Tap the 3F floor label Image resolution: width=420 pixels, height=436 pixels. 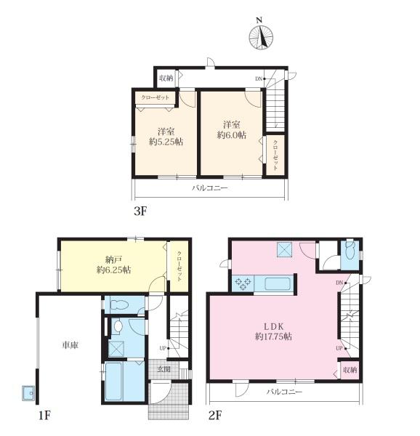pos(140,211)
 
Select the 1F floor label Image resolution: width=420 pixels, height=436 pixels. pos(44,416)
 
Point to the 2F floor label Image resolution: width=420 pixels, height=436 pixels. pos(215,416)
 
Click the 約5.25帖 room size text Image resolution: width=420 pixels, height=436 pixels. pos(166,142)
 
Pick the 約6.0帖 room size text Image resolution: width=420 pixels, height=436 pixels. pos(232,135)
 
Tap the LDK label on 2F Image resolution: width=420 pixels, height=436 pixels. pos(273,326)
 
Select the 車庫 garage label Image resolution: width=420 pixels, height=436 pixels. pos(70,345)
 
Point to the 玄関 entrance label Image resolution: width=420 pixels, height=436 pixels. pos(164,369)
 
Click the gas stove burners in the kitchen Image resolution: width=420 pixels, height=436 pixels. pos(243,284)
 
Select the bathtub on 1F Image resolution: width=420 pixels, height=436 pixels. pos(115,381)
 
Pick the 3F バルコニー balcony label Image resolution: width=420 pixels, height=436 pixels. pos(210,188)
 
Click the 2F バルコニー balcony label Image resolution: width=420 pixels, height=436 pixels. pos(284,392)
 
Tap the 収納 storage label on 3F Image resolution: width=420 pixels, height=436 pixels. pos(166,78)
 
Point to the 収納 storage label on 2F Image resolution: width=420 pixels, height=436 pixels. pos(350,370)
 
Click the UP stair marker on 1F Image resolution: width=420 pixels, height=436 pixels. pos(163,348)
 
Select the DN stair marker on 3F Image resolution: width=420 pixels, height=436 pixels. pos(259,78)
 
